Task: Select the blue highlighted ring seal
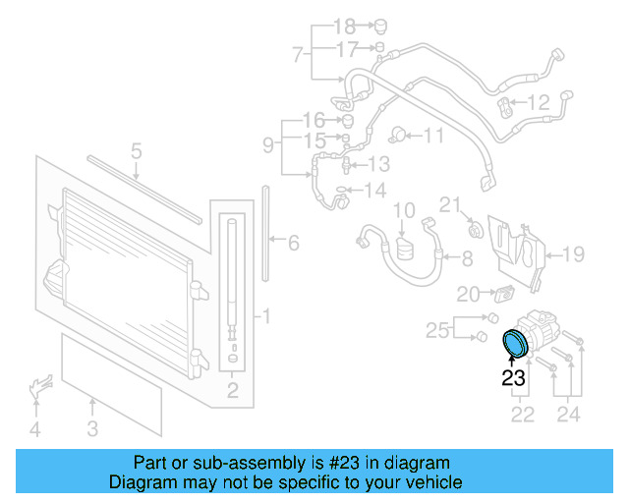(x=514, y=344)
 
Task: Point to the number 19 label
(x=573, y=254)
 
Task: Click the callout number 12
(x=540, y=101)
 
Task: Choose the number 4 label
(x=34, y=428)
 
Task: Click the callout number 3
(x=91, y=427)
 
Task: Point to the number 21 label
(x=449, y=204)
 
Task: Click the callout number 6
(x=293, y=242)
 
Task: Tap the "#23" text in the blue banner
(x=339, y=462)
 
